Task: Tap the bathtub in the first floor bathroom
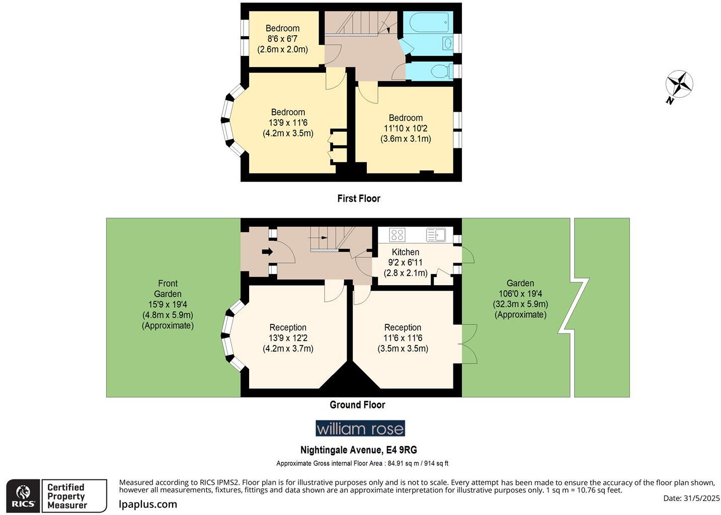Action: click(x=428, y=23)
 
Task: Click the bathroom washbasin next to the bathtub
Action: click(x=447, y=44)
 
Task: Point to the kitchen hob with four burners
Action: click(x=397, y=235)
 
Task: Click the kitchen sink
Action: click(x=436, y=235)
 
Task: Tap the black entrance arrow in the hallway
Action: click(x=267, y=251)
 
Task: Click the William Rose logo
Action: click(x=360, y=428)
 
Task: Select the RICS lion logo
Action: click(x=23, y=495)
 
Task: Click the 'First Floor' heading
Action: click(x=359, y=199)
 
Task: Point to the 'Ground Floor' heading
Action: click(x=357, y=405)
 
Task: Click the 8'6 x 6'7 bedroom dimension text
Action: click(x=282, y=39)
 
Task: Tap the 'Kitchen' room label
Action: click(x=406, y=252)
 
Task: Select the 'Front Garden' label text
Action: click(x=168, y=289)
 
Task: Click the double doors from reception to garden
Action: click(x=469, y=344)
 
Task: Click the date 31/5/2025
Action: click(x=691, y=498)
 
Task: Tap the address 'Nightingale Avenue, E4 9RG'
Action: click(x=359, y=450)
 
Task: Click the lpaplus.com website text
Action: click(x=148, y=504)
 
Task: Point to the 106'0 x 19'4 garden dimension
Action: click(x=520, y=294)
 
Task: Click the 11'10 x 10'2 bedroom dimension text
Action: click(x=406, y=128)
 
